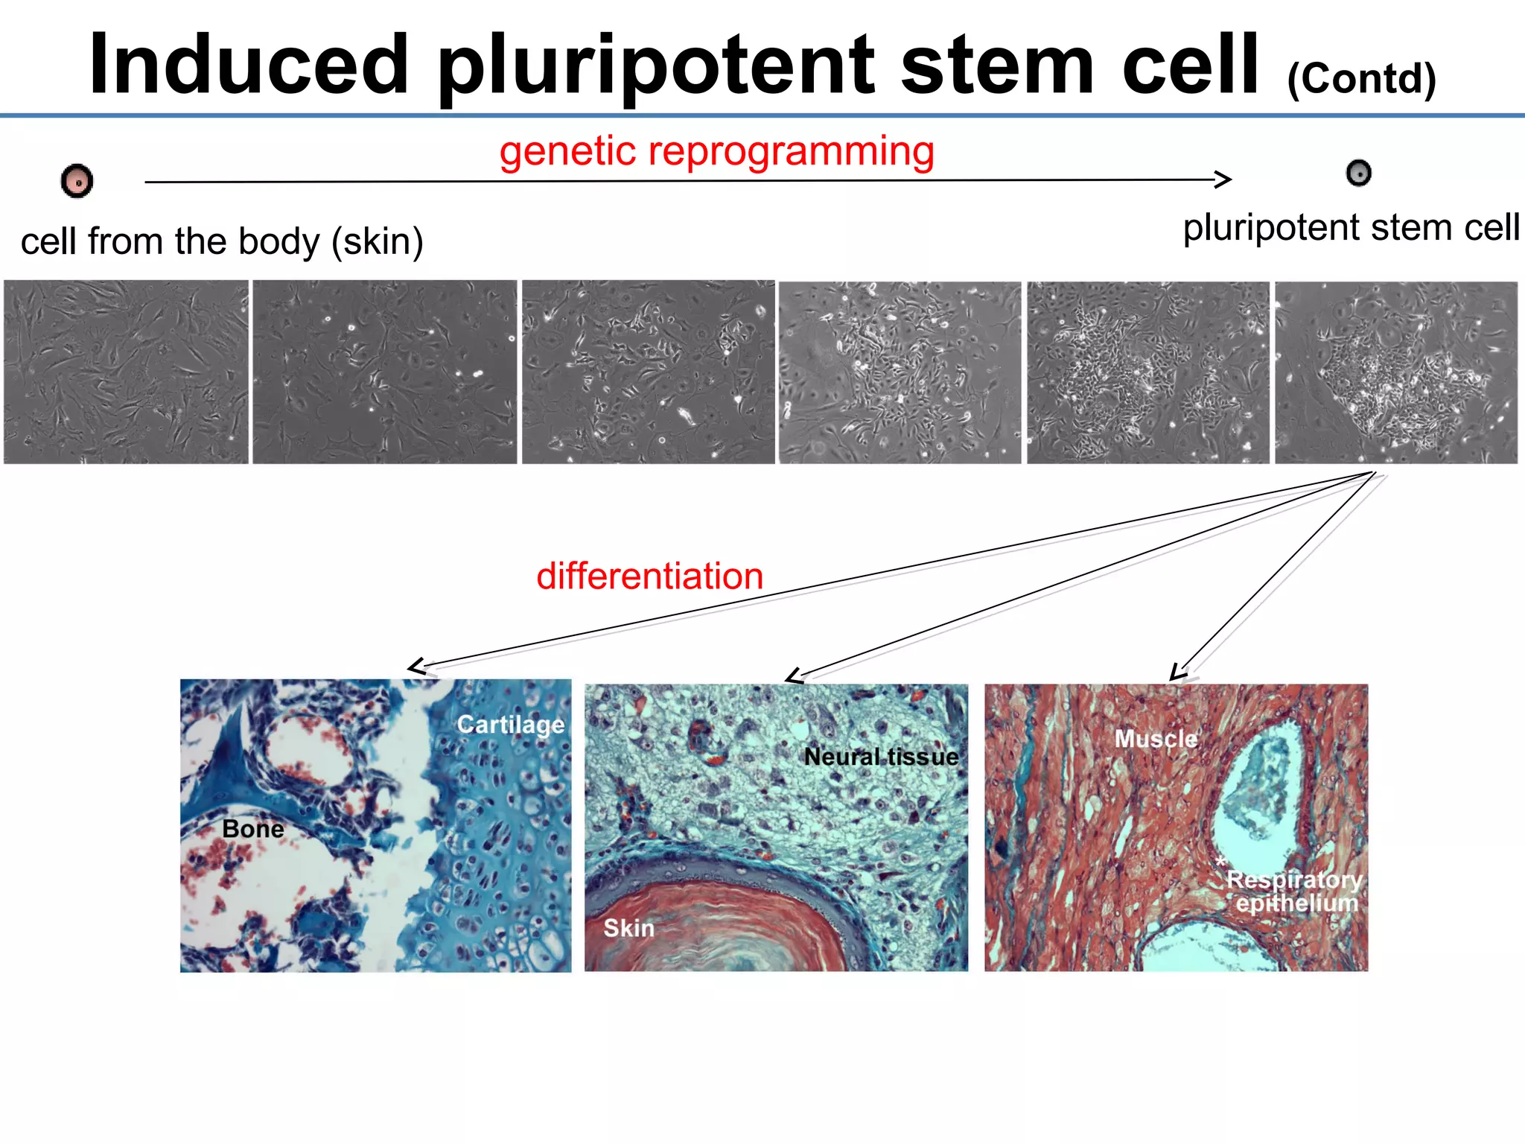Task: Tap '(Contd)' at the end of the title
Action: pos(1361,78)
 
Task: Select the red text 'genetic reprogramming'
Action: pos(716,151)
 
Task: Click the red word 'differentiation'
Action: pos(649,576)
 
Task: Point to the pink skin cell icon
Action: pos(77,181)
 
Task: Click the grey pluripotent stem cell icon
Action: pos(1359,173)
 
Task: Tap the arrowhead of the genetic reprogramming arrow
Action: pos(1223,179)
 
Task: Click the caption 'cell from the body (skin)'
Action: pos(222,241)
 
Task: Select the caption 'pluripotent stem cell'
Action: pos(1351,227)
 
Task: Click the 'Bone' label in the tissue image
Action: pos(253,829)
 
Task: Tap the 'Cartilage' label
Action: pos(511,724)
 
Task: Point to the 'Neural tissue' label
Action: pos(881,757)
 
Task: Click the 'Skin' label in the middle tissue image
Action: pos(629,928)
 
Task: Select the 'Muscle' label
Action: pos(1156,739)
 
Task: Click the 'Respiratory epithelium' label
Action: pos(1295,892)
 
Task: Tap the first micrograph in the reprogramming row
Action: pos(126,372)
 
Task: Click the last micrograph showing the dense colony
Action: pos(1396,372)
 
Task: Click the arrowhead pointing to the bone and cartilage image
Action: pos(417,666)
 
